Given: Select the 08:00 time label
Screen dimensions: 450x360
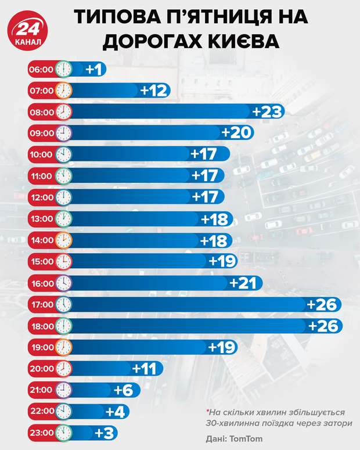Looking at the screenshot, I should (x=41, y=111).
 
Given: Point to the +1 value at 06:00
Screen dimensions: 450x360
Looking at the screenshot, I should (x=94, y=69).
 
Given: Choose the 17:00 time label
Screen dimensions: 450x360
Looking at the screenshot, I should (x=41, y=304).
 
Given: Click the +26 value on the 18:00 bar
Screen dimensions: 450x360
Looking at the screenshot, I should (x=323, y=326).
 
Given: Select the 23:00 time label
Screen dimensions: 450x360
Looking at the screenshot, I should (x=41, y=433).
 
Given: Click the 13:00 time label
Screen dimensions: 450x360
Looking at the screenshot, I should (x=41, y=219).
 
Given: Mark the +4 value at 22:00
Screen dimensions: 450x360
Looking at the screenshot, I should (x=114, y=411).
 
